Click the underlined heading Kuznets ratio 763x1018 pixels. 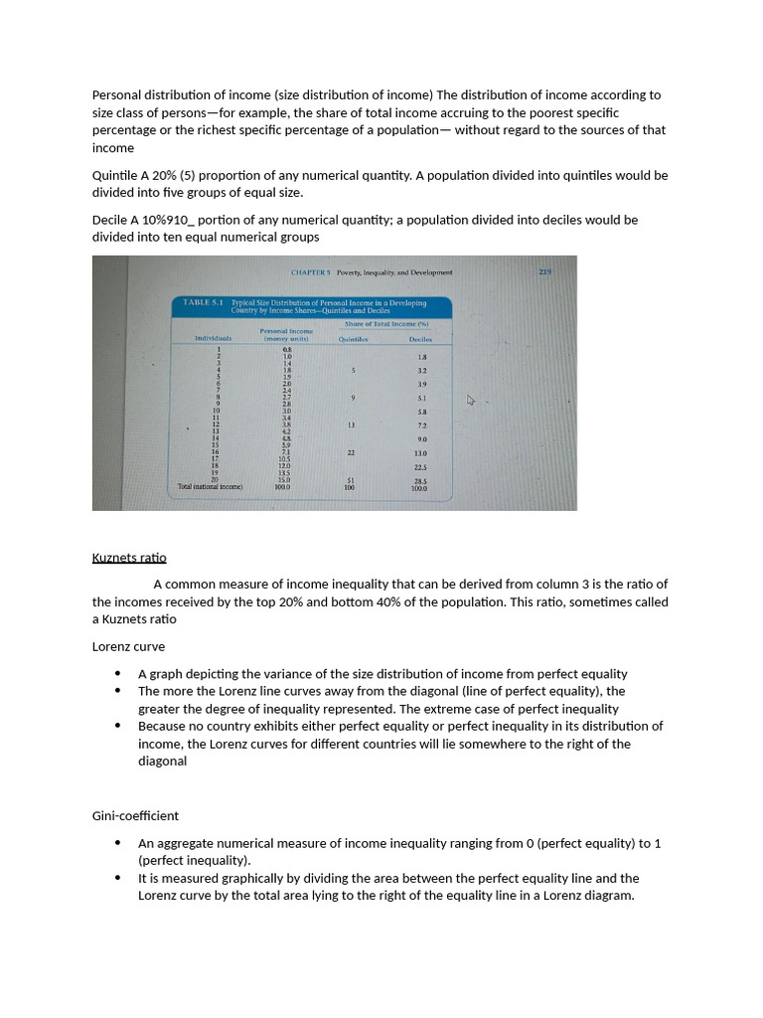coord(129,558)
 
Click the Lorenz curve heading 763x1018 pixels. coord(128,646)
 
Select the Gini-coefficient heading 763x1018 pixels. coord(135,815)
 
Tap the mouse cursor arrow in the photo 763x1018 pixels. coord(472,401)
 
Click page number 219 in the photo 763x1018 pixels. coord(544,270)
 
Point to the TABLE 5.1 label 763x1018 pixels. coord(204,302)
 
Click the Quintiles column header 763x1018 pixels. coord(353,339)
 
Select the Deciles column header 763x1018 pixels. coord(421,339)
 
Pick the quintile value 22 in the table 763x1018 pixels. coord(351,452)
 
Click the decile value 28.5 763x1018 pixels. coord(420,481)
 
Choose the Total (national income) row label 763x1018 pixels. coord(210,487)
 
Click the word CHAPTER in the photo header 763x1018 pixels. coord(310,271)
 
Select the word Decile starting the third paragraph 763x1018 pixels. coord(111,220)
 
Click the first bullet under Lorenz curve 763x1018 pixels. coord(119,674)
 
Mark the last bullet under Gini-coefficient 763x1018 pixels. coord(119,878)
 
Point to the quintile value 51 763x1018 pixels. coord(350,481)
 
